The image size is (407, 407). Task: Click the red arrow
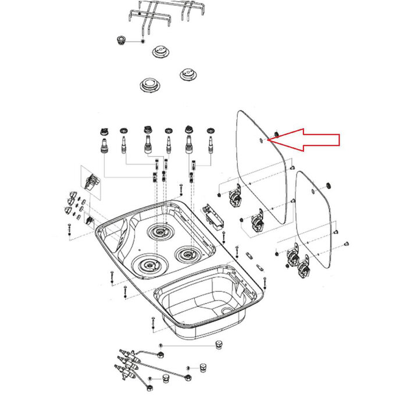coord(311,140)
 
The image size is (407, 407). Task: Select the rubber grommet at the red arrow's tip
coord(276,135)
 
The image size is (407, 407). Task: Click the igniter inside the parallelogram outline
coord(90,181)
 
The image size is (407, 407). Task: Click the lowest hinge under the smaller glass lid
coord(304,268)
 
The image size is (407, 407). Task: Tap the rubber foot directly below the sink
coord(220,344)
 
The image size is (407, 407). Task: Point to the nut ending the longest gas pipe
coord(188,378)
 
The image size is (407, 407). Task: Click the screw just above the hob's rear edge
coord(181,189)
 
